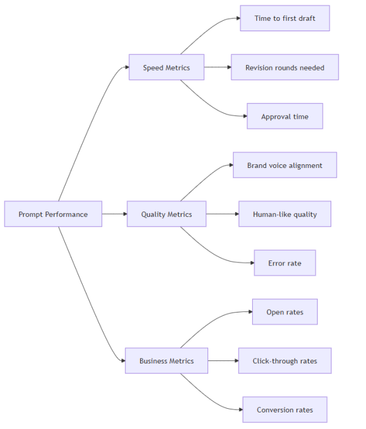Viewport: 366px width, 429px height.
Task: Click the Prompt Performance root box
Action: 53,214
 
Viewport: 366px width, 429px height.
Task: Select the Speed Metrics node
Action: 166,67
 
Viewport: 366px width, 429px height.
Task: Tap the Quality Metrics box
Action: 166,214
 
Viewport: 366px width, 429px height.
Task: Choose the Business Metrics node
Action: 166,361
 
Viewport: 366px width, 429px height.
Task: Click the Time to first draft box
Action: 285,18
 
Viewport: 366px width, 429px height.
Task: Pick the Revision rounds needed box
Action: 285,67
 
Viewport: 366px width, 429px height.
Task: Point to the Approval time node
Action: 285,116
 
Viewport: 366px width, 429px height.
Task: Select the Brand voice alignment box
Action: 285,165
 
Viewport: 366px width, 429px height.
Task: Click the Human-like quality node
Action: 285,214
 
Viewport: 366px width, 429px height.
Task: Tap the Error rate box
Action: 285,263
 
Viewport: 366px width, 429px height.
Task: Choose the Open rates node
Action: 285,312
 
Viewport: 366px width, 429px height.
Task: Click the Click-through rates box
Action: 285,361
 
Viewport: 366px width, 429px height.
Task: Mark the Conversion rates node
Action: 285,410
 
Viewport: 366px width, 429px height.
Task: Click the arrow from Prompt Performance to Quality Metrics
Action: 114,214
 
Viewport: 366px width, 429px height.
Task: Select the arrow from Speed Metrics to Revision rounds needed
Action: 217,67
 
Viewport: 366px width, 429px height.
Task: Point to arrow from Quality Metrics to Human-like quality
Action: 222,214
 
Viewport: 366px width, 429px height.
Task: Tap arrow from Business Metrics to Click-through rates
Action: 223,361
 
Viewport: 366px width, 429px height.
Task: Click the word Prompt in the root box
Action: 31,214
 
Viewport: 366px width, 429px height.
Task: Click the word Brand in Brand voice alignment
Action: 257,165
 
